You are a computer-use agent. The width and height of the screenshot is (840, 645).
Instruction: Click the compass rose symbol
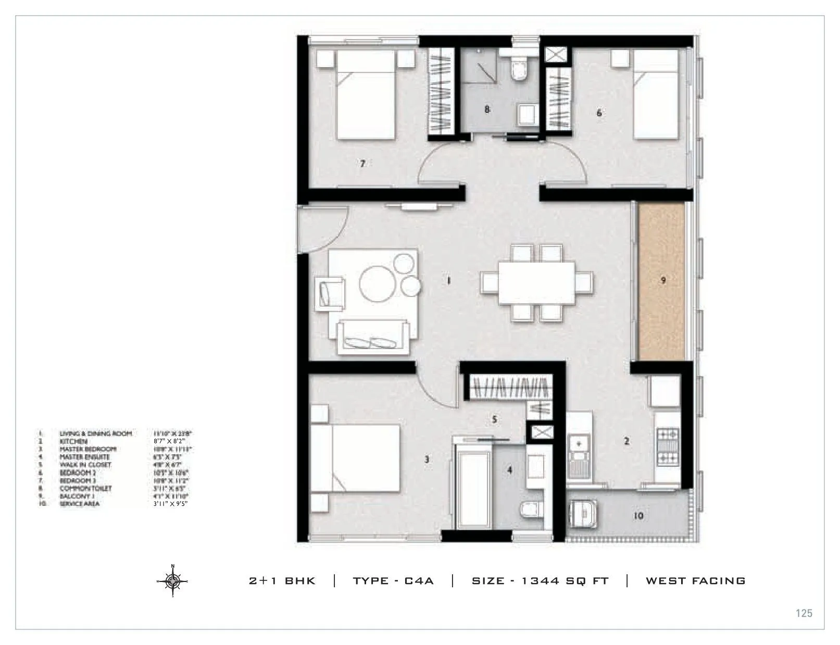click(x=172, y=580)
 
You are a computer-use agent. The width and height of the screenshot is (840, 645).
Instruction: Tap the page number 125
click(x=804, y=613)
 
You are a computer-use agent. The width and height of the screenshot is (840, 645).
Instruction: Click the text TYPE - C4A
click(x=393, y=581)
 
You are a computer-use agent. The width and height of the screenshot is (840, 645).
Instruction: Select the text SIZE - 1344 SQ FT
click(x=540, y=581)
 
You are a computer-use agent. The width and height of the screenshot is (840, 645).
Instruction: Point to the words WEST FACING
click(x=695, y=581)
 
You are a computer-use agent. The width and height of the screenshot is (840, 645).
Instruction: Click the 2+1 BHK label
click(x=282, y=581)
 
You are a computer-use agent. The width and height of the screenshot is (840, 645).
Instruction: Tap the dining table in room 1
click(x=537, y=282)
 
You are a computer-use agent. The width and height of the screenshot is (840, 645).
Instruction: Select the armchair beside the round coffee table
click(x=329, y=294)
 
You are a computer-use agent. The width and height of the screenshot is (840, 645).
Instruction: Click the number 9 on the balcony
click(x=663, y=280)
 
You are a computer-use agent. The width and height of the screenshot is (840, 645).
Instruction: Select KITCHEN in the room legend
click(x=73, y=441)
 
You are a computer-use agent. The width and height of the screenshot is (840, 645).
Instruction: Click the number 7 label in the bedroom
click(x=362, y=164)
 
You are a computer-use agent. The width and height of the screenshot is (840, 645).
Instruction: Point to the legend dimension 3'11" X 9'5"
click(x=170, y=504)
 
